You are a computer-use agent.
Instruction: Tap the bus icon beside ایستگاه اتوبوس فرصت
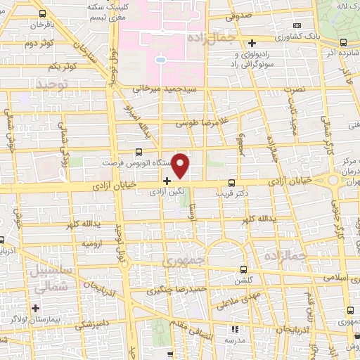click(x=139, y=151)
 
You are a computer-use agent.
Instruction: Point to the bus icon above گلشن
click(x=243, y=269)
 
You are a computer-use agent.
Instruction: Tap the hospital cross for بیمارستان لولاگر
click(x=34, y=307)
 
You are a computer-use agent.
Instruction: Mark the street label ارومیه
click(x=94, y=243)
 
